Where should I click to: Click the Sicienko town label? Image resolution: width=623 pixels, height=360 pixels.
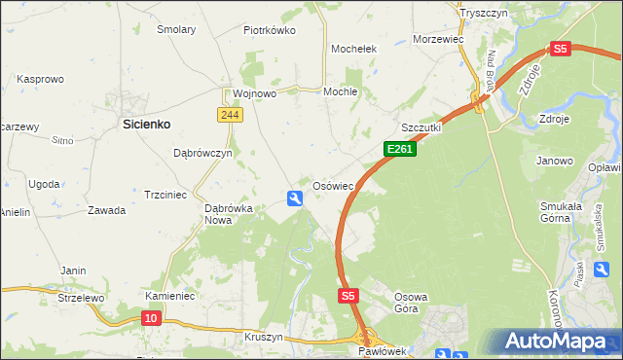pos(147,125)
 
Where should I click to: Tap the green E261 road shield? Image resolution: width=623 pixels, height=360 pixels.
pos(400,150)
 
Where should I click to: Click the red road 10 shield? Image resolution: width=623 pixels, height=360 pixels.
pos(150,318)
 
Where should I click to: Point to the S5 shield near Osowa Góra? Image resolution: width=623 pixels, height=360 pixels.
pos(349,295)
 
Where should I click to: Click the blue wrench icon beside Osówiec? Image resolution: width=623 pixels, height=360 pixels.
pos(295,198)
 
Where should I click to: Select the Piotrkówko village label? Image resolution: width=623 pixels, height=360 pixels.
pos(269,30)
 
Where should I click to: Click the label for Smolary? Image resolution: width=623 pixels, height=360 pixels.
pos(175,30)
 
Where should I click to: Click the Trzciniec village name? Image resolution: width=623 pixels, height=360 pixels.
pos(165,195)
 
